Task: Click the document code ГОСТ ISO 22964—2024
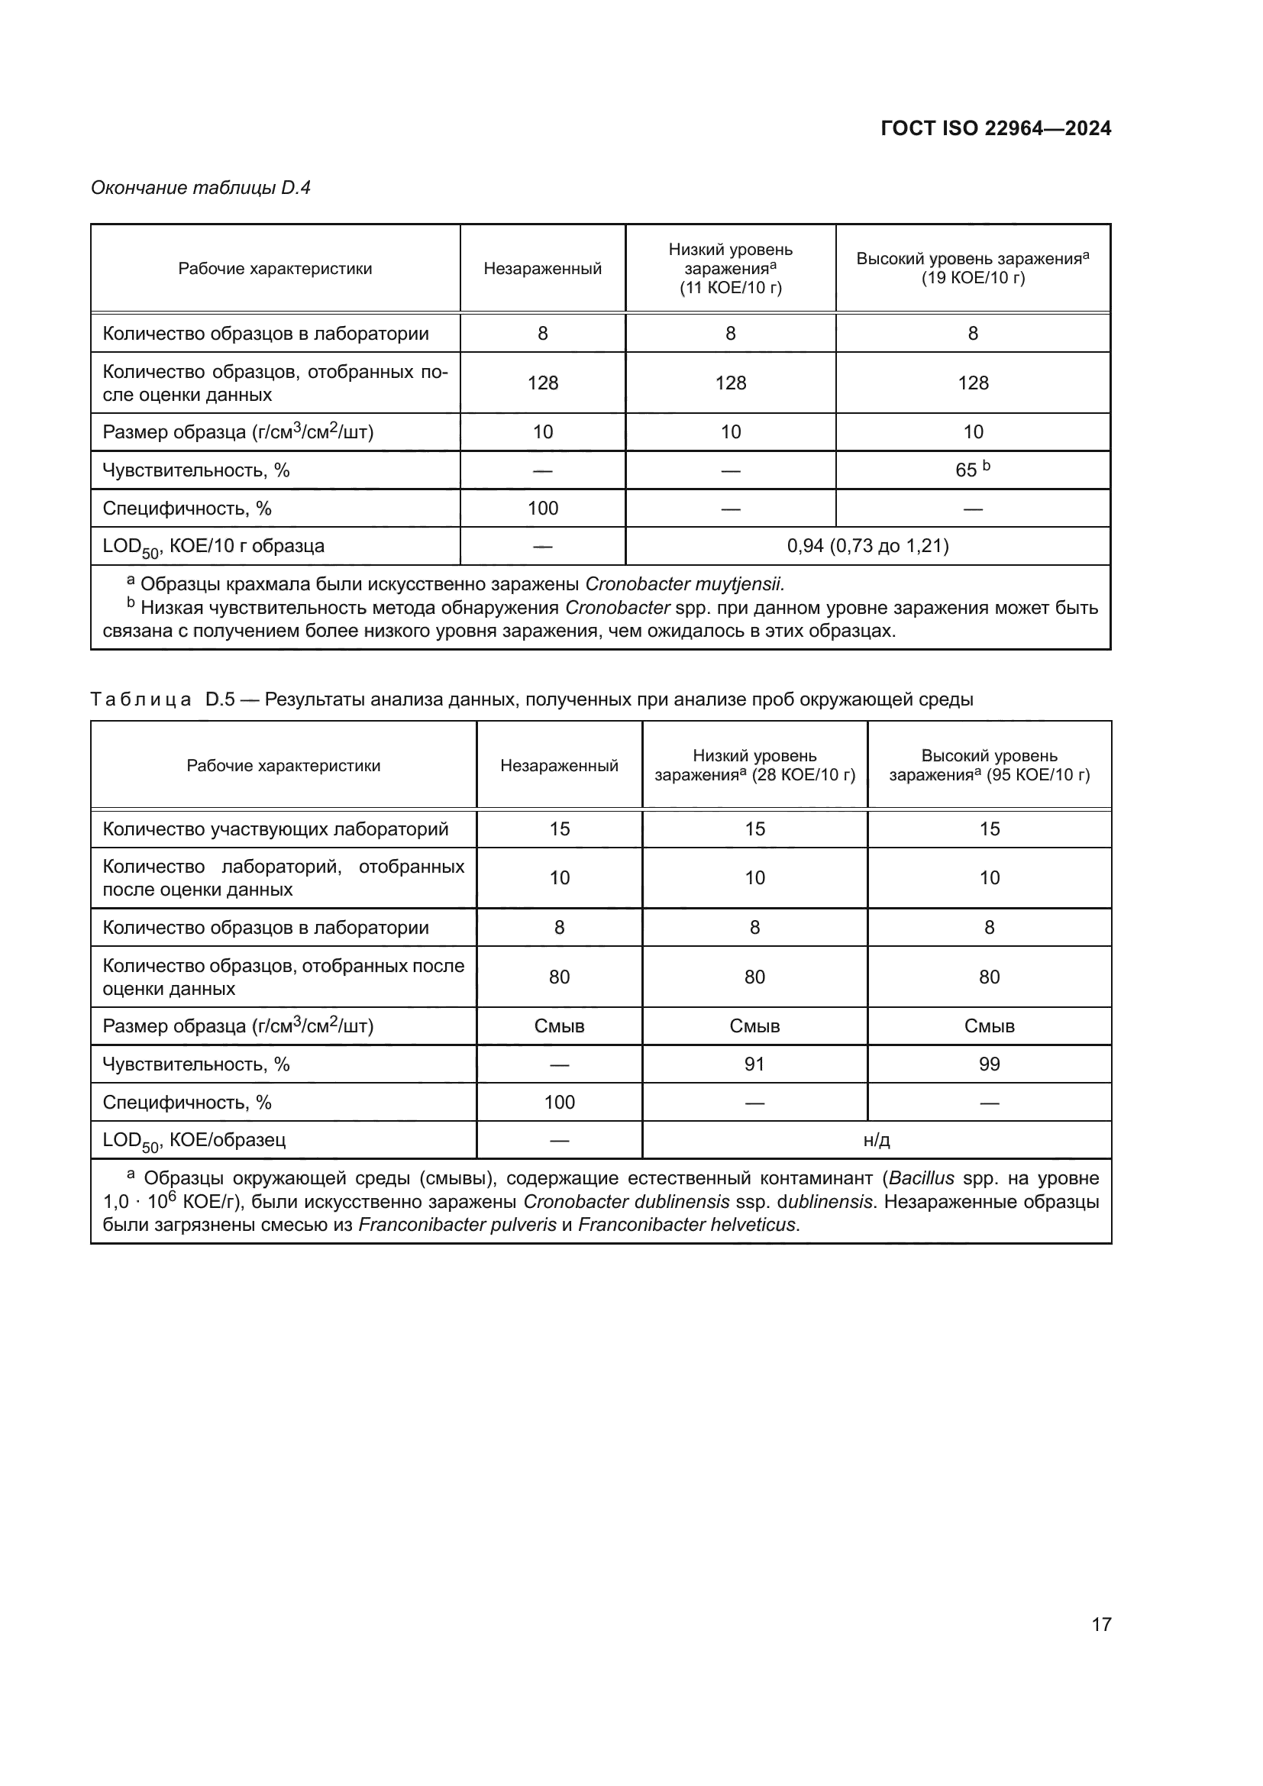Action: [x=996, y=128]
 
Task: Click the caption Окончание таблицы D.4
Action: [x=201, y=188]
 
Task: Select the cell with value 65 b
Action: [x=972, y=470]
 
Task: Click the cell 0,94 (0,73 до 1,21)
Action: [x=867, y=546]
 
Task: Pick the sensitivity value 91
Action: [x=754, y=1064]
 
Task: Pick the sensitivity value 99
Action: [x=989, y=1064]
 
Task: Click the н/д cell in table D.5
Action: [x=877, y=1140]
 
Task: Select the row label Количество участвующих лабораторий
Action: [x=276, y=829]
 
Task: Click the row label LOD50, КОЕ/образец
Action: [x=195, y=1140]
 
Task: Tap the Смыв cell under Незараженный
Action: [x=559, y=1026]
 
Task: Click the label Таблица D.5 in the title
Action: [x=163, y=699]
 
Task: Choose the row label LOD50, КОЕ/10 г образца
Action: [x=213, y=546]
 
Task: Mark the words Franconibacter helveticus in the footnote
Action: [x=687, y=1225]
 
